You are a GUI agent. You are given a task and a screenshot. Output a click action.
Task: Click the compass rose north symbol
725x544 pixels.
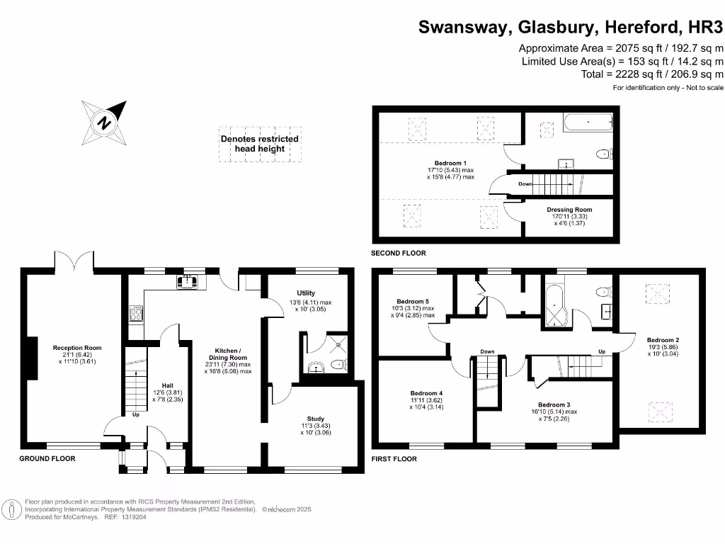(105, 122)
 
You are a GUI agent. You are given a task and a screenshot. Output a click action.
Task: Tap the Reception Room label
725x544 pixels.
(78, 348)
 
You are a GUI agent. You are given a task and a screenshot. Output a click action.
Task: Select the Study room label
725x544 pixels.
(316, 419)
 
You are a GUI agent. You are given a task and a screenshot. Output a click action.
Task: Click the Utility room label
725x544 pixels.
(306, 293)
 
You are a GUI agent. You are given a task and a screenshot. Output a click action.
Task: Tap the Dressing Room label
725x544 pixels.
(569, 210)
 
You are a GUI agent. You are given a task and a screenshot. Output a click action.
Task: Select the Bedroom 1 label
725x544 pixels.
(450, 163)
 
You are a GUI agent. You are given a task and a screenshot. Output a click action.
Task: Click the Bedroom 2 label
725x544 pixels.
(663, 340)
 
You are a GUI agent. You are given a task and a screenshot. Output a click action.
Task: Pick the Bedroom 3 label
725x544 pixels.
(554, 404)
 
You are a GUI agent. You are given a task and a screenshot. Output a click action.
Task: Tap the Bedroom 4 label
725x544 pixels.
(426, 393)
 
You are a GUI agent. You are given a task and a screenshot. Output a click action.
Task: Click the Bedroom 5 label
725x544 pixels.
(412, 301)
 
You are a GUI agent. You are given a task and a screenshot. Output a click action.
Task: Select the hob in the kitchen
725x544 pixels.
(136, 314)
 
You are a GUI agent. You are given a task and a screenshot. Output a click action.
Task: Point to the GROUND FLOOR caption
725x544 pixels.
(47, 459)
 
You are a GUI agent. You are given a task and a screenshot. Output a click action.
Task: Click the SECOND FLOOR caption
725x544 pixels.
(399, 253)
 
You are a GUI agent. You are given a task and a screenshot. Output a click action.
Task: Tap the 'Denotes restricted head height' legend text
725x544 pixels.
(259, 144)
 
